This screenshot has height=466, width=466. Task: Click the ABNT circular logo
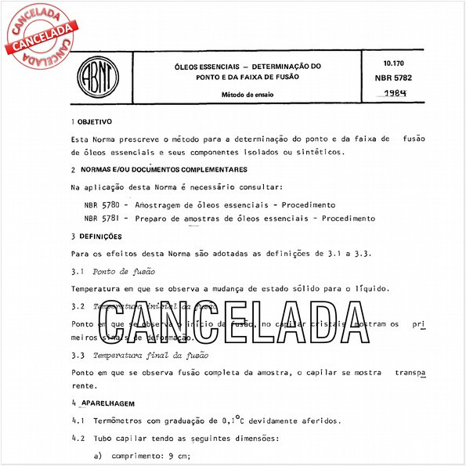96,78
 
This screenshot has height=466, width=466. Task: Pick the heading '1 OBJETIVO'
92,122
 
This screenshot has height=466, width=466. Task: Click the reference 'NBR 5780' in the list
101,204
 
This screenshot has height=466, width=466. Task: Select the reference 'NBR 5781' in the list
101,219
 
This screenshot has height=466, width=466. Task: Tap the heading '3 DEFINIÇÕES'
97,236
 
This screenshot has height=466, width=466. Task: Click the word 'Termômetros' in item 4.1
117,421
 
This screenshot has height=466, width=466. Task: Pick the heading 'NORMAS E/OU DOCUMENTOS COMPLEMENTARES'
164,169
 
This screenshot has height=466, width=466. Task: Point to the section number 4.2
77,439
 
